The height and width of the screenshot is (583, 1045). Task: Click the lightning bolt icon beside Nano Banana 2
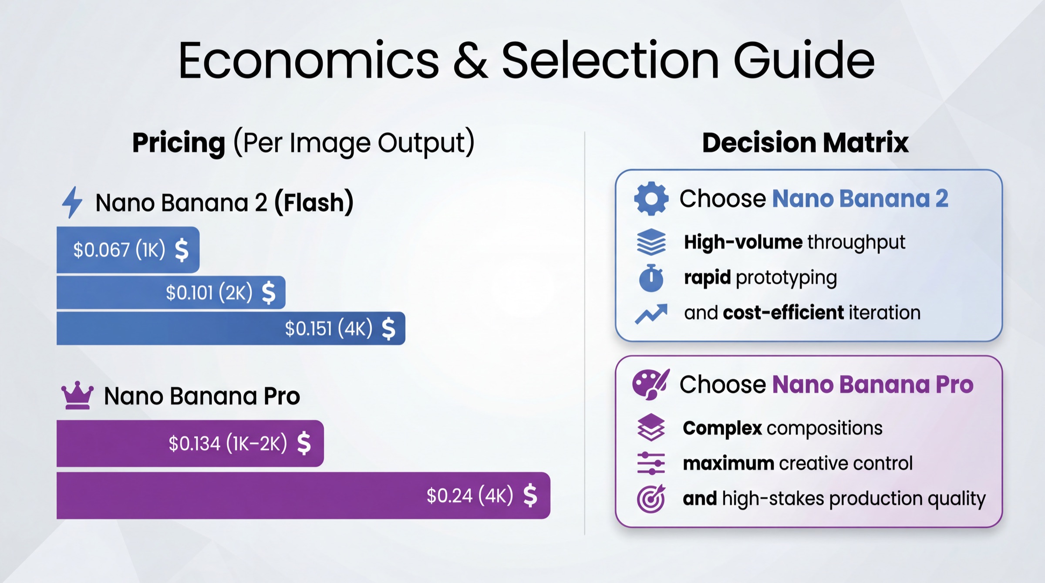pyautogui.click(x=72, y=202)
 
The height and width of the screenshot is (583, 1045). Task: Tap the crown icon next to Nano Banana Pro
pyautogui.click(x=77, y=395)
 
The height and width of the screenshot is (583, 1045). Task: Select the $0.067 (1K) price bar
pyautogui.click(x=128, y=250)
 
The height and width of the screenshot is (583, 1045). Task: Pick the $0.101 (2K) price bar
pyautogui.click(x=171, y=292)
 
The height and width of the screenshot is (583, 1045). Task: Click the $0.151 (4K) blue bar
pyautogui.click(x=231, y=328)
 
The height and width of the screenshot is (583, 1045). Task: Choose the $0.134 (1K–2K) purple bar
pyautogui.click(x=190, y=443)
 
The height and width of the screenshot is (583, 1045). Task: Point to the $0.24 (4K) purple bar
pyautogui.click(x=303, y=495)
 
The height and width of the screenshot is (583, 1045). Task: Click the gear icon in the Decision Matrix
pyautogui.click(x=651, y=199)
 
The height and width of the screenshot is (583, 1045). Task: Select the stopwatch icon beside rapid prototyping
pyautogui.click(x=651, y=278)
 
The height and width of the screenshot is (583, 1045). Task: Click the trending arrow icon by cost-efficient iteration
pyautogui.click(x=651, y=313)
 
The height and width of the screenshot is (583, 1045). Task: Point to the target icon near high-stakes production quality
pyautogui.click(x=651, y=499)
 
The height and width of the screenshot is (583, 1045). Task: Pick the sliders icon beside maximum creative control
pyautogui.click(x=651, y=463)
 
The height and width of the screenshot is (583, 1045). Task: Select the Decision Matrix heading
pyautogui.click(x=805, y=142)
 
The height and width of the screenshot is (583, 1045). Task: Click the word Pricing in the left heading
pyautogui.click(x=179, y=142)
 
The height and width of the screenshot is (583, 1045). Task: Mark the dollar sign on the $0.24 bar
pyautogui.click(x=530, y=495)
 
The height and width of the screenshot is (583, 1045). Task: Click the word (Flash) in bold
pyautogui.click(x=313, y=202)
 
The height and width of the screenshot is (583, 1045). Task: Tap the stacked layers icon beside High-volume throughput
pyautogui.click(x=651, y=242)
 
